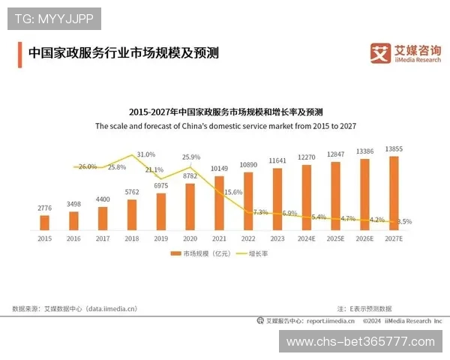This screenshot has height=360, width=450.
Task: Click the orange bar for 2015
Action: (44, 222)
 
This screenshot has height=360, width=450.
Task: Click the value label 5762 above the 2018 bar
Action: (132, 193)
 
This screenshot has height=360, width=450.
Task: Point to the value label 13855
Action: (394, 150)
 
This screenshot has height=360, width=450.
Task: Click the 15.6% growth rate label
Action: (233, 192)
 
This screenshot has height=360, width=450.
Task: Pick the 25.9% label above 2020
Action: (191, 157)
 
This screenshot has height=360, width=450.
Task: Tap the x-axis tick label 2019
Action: (161, 238)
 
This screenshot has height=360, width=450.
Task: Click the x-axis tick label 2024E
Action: (307, 238)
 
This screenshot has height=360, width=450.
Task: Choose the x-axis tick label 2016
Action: (73, 238)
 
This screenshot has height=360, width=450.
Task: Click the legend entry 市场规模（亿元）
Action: (198, 254)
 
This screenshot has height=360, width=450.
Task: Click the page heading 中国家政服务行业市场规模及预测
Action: (123, 54)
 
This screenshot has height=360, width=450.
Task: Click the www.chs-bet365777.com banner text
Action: (361, 342)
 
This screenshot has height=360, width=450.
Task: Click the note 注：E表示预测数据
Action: (364, 308)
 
